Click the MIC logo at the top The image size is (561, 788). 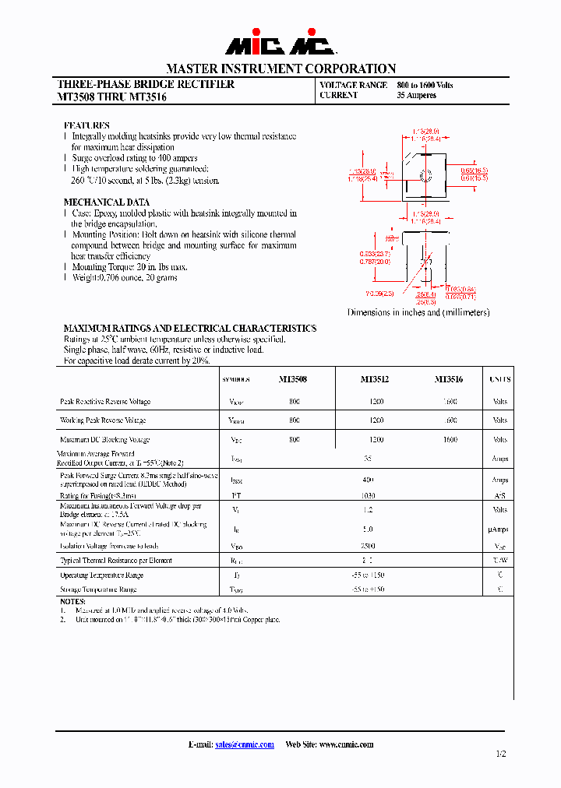click(x=280, y=45)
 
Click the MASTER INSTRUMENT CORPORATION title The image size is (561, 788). click(x=280, y=69)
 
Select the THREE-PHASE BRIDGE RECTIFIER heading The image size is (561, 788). click(x=146, y=84)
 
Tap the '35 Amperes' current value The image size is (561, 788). click(x=416, y=96)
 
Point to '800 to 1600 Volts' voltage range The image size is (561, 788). click(x=425, y=85)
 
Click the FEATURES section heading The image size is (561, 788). click(x=86, y=125)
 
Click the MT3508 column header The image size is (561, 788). click(x=293, y=379)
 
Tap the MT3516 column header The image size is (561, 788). click(x=449, y=379)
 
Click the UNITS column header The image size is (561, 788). click(x=499, y=379)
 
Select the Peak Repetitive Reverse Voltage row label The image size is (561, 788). click(x=105, y=402)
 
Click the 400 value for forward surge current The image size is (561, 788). click(x=369, y=480)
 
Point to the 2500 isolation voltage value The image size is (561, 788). click(x=369, y=546)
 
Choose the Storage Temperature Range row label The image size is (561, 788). click(x=98, y=589)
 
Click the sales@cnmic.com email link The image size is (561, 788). click(x=245, y=744)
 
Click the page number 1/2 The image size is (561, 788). click(x=500, y=754)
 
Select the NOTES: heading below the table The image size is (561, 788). click(x=73, y=602)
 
